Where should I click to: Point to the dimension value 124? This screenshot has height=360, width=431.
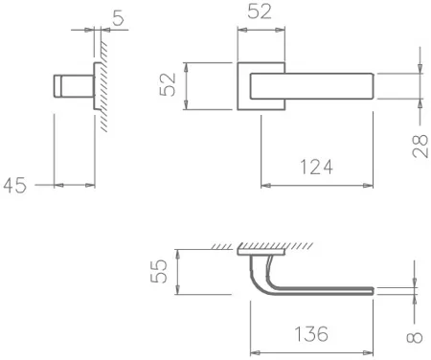coord(315,168)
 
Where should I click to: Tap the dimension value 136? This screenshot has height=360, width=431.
coord(309,335)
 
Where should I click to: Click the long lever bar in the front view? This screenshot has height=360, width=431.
coord(316,86)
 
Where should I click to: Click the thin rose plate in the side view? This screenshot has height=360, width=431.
coord(94,91)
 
